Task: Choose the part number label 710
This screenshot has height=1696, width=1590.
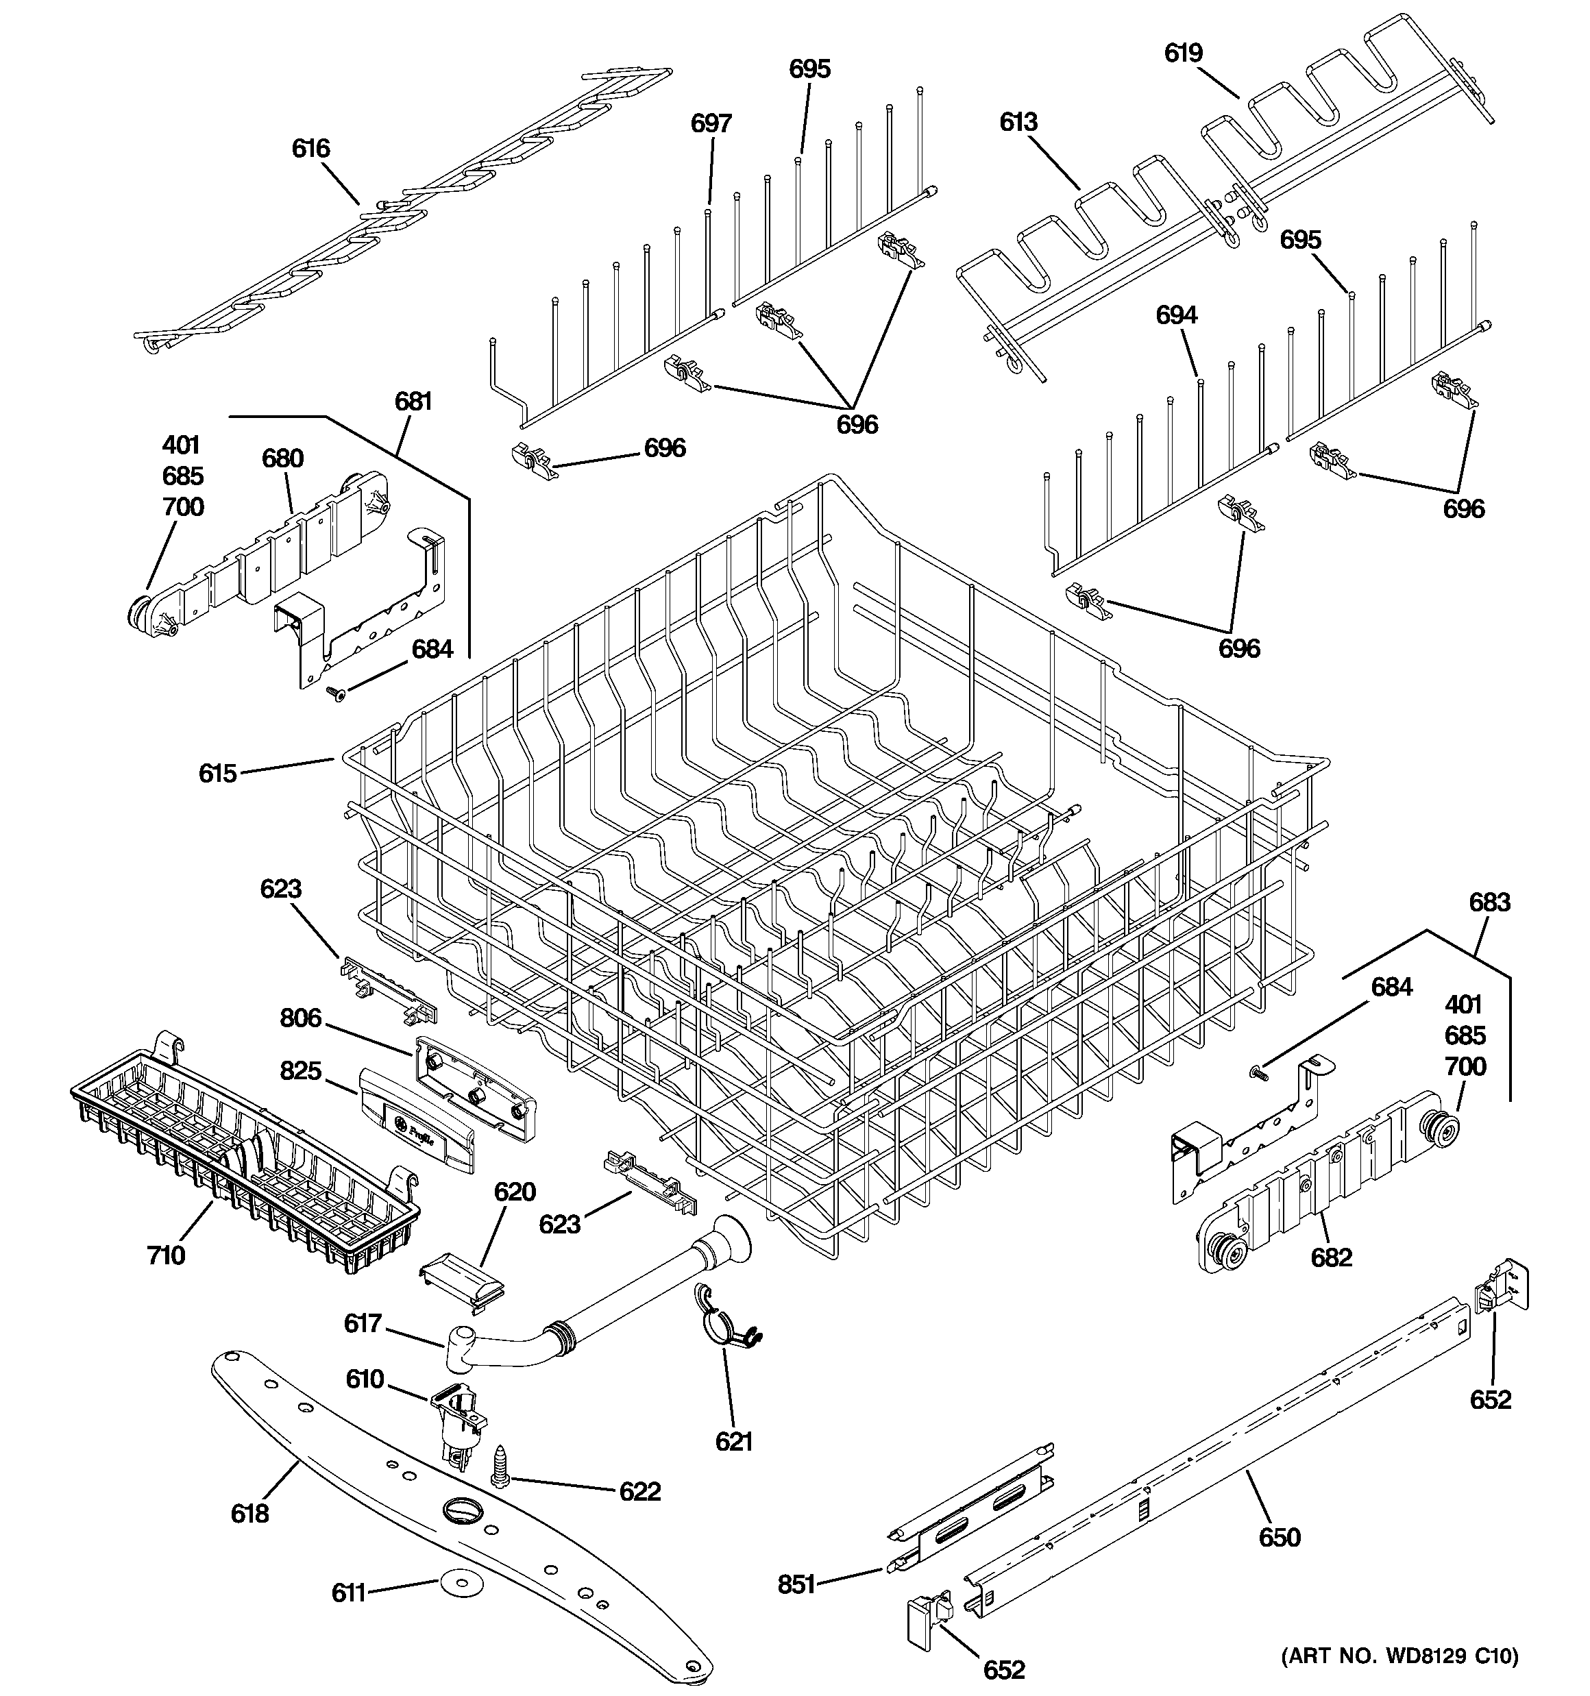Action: coord(166,1255)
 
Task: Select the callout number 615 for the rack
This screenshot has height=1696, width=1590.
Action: coord(218,774)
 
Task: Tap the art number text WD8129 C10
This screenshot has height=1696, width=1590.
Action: coord(1399,1656)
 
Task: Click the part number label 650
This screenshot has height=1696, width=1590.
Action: coord(1280,1537)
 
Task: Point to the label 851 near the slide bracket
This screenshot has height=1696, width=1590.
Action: coord(796,1585)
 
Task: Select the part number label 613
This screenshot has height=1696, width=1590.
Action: coord(1018,122)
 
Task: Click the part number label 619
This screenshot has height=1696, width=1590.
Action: coord(1184,53)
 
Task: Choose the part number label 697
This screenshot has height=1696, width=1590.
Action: coord(711,124)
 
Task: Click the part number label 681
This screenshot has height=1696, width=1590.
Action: coord(413,401)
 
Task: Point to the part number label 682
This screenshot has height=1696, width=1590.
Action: coord(1332,1257)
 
